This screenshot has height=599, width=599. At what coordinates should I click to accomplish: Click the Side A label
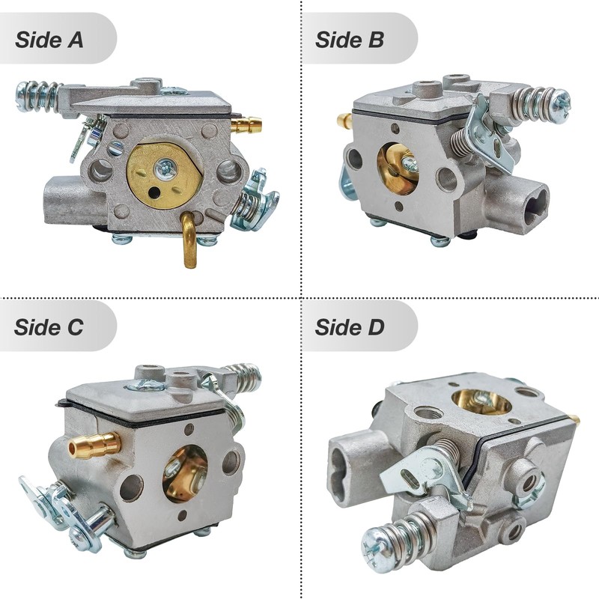49,40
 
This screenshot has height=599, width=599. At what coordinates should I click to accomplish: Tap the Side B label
349,40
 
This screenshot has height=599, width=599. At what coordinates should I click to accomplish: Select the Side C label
49,327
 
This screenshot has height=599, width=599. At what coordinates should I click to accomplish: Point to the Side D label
349,327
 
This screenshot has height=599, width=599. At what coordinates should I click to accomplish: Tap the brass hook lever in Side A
190,239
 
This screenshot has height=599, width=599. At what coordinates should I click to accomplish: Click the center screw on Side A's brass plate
165,168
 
